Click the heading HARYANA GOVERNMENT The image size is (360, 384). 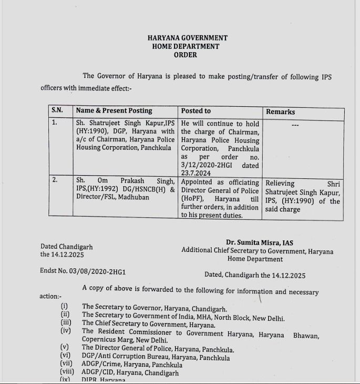click(187, 38)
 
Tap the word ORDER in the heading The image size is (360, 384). click(186, 55)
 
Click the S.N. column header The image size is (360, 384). click(57, 110)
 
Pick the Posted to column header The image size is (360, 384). click(196, 110)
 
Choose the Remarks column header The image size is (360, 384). click(281, 112)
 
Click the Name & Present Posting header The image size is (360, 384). click(114, 110)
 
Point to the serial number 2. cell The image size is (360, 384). click(55, 180)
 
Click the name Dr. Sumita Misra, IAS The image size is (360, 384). click(260, 242)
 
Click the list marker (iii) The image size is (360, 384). click(66, 323)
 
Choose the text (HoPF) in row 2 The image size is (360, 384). click(193, 199)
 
